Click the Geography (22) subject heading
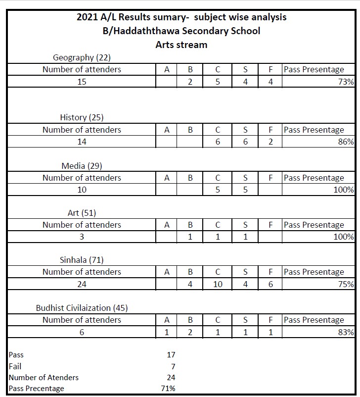point(82,58)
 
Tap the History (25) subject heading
point(82,118)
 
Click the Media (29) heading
point(82,166)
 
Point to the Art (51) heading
point(82,213)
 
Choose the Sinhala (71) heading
point(82,260)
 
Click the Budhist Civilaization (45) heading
point(82,308)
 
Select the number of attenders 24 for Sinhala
point(82,284)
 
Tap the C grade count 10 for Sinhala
point(218,284)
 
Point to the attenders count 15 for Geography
point(82,82)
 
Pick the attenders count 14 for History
point(82,142)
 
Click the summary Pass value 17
point(171,355)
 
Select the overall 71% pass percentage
point(169,389)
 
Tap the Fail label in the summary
point(15,366)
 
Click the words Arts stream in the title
point(181,45)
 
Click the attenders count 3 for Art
point(82,237)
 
